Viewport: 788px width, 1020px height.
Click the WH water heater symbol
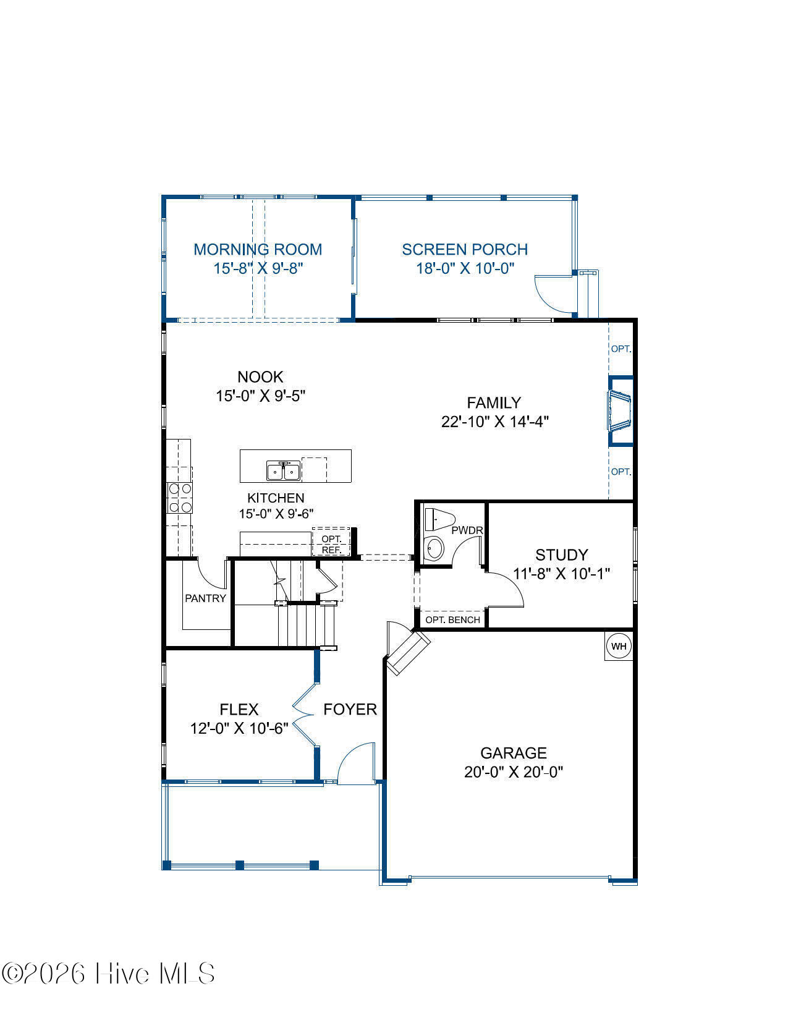click(x=619, y=647)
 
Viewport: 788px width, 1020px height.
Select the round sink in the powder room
click(x=434, y=548)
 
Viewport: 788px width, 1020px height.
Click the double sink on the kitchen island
click(x=284, y=471)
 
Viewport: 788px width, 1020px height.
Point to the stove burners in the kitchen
click(x=180, y=498)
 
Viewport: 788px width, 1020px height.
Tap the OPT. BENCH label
click(x=452, y=620)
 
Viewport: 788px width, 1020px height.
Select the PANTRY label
click(x=206, y=598)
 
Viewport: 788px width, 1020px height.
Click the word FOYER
click(x=350, y=709)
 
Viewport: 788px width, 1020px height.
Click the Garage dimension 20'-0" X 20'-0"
click(x=514, y=772)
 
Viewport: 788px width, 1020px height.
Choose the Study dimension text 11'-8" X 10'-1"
click(x=561, y=574)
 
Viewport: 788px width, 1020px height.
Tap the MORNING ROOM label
click(x=258, y=249)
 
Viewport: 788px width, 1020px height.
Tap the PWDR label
click(x=467, y=530)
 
